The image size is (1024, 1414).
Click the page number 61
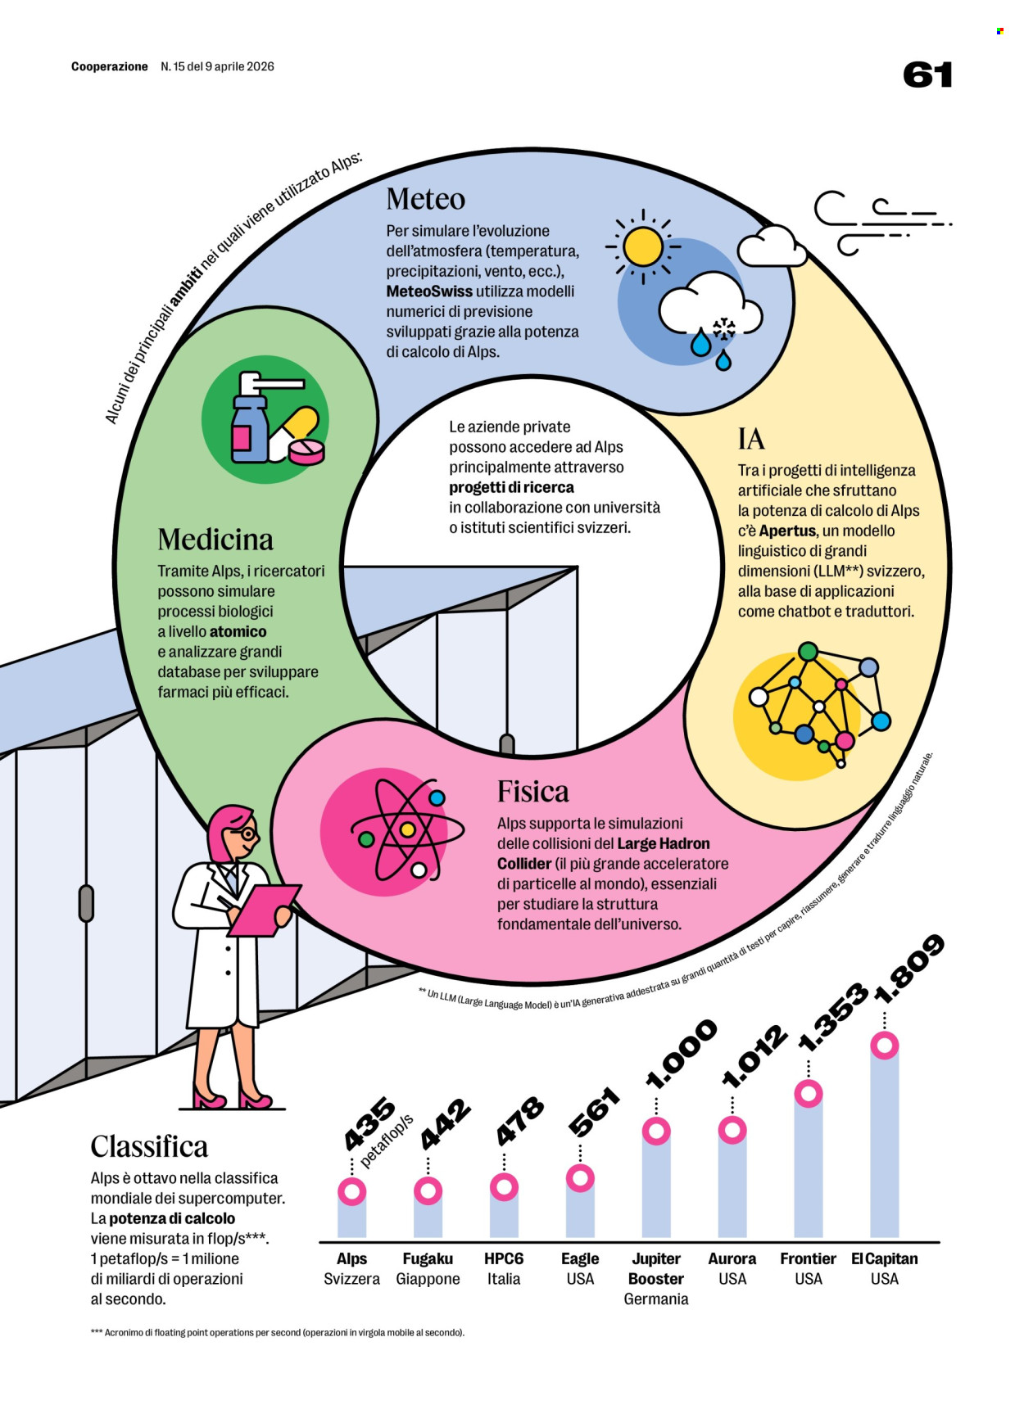click(x=927, y=75)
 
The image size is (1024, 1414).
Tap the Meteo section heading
click(x=425, y=199)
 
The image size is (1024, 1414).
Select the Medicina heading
click(x=215, y=540)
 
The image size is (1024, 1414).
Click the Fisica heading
click(x=532, y=792)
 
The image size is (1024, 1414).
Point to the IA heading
click(x=751, y=439)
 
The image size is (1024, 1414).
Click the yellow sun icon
click(x=643, y=246)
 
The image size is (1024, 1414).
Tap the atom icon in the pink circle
click(x=407, y=829)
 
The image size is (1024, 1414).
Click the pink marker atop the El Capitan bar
click(x=884, y=1046)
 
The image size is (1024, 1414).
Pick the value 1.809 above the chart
click(x=909, y=969)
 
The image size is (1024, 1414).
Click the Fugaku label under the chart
click(x=428, y=1258)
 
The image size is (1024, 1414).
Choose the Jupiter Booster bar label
click(x=655, y=1268)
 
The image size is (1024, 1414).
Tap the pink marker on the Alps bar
click(x=352, y=1191)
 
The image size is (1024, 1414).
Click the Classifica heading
click(x=149, y=1146)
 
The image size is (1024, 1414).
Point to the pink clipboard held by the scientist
click(x=262, y=909)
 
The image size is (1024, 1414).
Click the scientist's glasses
click(x=244, y=834)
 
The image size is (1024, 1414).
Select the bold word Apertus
click(x=787, y=531)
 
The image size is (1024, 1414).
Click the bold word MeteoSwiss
click(x=429, y=291)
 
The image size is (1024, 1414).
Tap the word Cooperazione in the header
click(x=110, y=66)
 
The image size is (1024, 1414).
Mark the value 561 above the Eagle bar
click(x=594, y=1113)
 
